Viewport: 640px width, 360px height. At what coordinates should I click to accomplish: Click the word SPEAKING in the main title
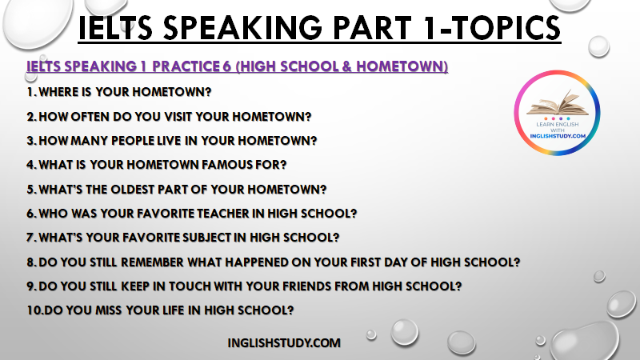(244, 28)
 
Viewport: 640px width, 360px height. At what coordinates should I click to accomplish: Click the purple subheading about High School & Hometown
(237, 66)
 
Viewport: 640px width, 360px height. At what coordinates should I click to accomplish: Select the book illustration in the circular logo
(558, 103)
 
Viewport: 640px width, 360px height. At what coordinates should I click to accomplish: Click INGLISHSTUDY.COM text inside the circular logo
(558, 136)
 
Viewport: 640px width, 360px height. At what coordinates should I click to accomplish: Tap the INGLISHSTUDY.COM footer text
(284, 343)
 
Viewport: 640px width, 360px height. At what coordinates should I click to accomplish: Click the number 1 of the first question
(30, 92)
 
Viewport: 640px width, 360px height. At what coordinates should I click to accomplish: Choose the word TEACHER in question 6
(223, 214)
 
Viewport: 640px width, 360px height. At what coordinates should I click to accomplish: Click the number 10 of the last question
(34, 310)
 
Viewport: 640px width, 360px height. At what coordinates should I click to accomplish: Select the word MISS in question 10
(109, 310)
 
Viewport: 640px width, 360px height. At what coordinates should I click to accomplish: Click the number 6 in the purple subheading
(227, 66)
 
